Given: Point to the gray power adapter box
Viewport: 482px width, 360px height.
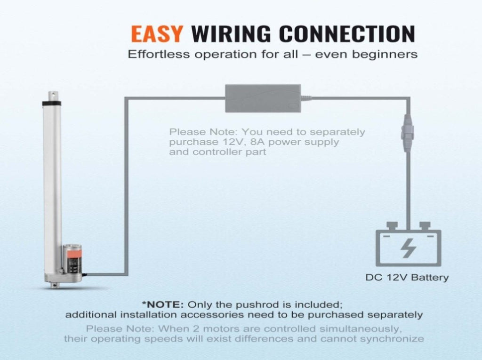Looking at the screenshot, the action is point(263,98).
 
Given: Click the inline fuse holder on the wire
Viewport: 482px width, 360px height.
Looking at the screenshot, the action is point(407,133).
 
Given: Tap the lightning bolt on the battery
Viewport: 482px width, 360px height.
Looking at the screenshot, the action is point(409,248).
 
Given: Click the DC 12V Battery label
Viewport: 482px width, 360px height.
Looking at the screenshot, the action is point(407,278).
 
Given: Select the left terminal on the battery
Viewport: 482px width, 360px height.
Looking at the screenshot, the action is point(392,226).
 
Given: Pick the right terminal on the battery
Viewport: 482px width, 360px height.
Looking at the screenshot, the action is point(425,226).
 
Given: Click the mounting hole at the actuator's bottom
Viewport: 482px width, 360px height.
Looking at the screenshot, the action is point(55,285).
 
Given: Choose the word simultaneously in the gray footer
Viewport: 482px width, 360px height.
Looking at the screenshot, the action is point(361,329).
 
